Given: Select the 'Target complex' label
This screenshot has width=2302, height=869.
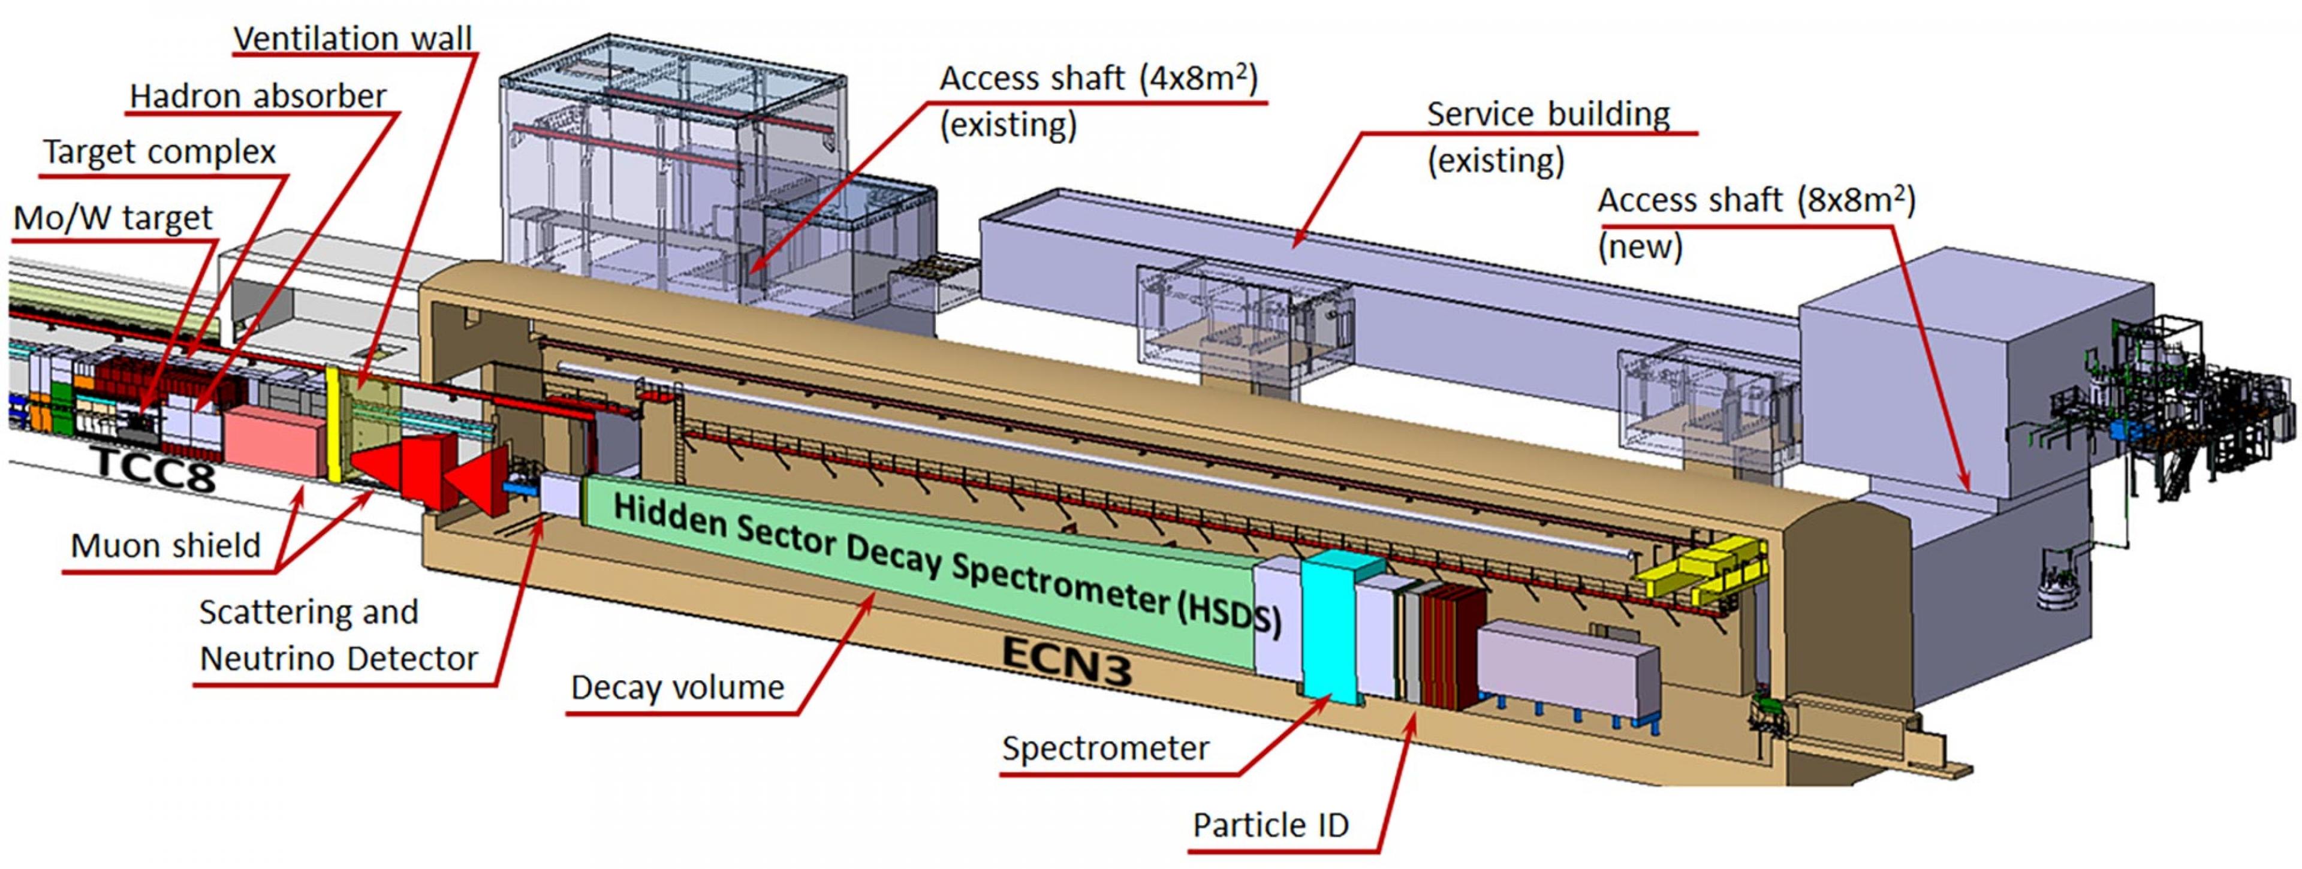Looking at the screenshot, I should [x=160, y=152].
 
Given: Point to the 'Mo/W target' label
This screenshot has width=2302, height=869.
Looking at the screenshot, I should [x=113, y=217].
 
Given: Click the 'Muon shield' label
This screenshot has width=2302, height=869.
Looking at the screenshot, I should [x=165, y=545].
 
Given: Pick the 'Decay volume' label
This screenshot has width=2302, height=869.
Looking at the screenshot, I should [x=677, y=687].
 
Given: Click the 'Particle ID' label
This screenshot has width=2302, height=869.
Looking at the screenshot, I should [x=1270, y=824].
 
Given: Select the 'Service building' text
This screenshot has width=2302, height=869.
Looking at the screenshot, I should [x=1548, y=114].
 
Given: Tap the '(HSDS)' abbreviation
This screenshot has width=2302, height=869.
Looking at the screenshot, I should [x=1229, y=614].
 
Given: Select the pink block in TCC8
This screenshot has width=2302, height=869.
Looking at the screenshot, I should [x=275, y=443].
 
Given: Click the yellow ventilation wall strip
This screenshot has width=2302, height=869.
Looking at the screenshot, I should [x=335, y=424].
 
